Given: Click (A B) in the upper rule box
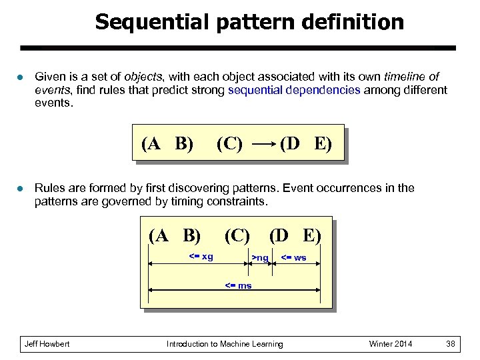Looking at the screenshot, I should point(167,144).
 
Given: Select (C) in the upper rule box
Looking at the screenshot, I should point(229,144).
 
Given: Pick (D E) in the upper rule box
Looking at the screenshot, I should point(305,144).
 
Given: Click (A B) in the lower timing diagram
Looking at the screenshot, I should point(175,235).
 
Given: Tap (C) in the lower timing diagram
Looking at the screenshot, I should point(237,235).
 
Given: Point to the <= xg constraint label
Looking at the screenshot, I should point(201,257).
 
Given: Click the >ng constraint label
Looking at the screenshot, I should point(260,258).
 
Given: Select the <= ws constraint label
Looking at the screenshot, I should point(293,258).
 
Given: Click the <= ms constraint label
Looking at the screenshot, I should point(238,285).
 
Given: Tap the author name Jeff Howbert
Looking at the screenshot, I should point(47,344).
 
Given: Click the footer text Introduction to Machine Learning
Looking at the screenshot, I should point(225,344).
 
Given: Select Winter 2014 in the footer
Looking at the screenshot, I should point(391,344).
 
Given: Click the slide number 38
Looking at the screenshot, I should point(451,344).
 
